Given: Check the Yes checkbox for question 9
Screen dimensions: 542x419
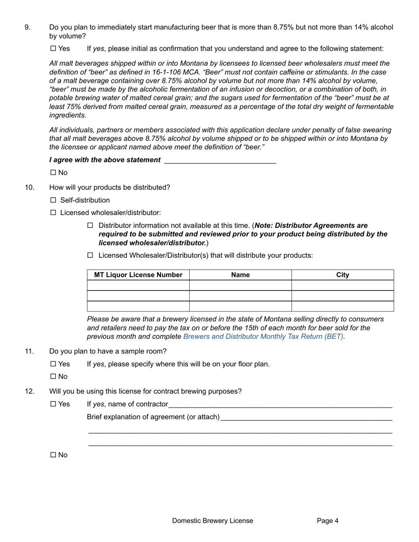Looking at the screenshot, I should click(x=53, y=48).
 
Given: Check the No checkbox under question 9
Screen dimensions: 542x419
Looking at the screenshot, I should click(x=53, y=173).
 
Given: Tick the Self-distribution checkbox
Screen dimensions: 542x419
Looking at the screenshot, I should click(x=53, y=200).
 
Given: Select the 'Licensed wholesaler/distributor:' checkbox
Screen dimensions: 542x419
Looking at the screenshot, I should click(x=53, y=213).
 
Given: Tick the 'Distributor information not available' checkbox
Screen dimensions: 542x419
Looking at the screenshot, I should click(x=90, y=226).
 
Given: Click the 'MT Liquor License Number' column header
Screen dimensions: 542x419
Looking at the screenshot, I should click(x=138, y=275).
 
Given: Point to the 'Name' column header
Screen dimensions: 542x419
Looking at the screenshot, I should click(x=240, y=275).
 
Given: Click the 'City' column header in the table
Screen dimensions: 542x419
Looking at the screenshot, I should click(x=342, y=275).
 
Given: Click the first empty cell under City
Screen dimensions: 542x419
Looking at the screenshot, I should click(x=342, y=286).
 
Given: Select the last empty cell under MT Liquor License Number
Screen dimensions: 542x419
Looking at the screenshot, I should click(x=138, y=306).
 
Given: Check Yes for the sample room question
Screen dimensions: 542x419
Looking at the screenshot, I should click(x=53, y=364).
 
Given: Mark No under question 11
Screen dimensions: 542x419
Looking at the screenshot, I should click(x=53, y=377).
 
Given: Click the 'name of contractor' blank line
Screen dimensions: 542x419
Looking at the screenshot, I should click(x=280, y=405).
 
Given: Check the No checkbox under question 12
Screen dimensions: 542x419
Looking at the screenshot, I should click(x=53, y=455).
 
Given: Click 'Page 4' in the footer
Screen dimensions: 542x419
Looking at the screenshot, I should click(x=328, y=521).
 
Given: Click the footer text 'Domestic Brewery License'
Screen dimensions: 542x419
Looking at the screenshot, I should click(x=213, y=521).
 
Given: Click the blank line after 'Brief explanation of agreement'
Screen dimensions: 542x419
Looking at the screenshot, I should click(x=306, y=417).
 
